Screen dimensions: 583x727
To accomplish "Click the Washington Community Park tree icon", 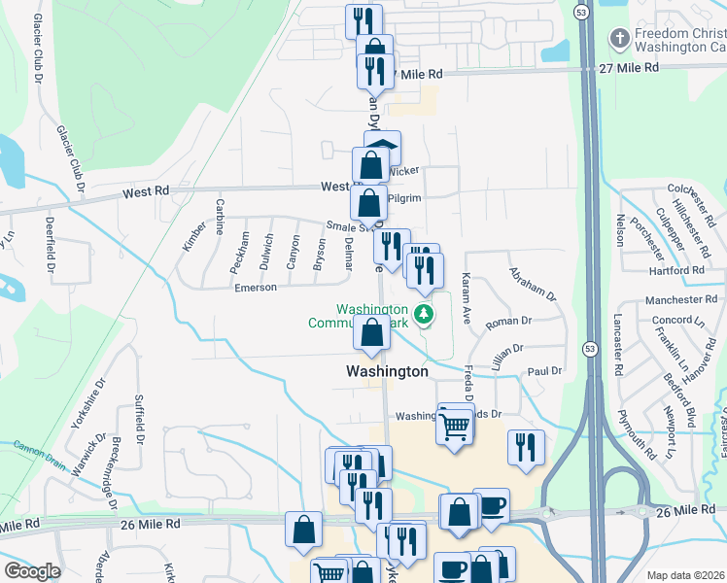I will click(x=423, y=313).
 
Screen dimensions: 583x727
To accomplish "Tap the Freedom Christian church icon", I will click(x=618, y=39).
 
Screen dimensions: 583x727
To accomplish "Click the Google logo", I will click(x=32, y=571).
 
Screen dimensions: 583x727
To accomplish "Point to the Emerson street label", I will click(x=256, y=288).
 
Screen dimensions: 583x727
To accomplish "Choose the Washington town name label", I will click(x=387, y=371).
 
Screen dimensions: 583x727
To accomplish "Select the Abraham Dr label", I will click(x=532, y=284).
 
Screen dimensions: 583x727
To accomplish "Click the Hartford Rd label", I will click(x=672, y=270).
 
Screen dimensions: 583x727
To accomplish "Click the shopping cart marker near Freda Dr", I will click(x=455, y=425).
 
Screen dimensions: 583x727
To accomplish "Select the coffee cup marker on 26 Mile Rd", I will click(x=491, y=506).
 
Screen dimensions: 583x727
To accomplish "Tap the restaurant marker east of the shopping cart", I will click(x=526, y=447).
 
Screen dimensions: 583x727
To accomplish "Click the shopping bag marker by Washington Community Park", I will click(x=371, y=332).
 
